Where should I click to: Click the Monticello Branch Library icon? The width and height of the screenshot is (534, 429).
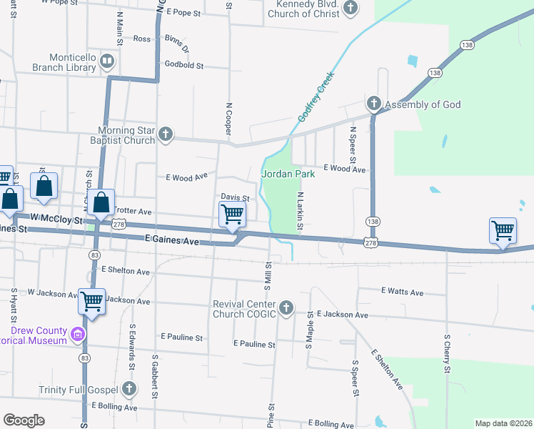click(x=107, y=61)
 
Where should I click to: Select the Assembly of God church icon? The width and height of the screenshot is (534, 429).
click(x=373, y=104)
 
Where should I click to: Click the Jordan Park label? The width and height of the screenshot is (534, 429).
click(x=288, y=174)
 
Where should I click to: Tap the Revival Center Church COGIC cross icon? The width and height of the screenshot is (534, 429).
click(x=286, y=308)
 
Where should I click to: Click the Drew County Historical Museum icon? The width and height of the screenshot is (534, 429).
click(x=78, y=334)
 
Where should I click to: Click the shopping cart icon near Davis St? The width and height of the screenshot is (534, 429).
click(x=232, y=214)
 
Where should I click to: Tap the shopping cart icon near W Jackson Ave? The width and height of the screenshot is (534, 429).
click(x=92, y=302)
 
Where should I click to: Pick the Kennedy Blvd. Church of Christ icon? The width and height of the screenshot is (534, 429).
click(x=350, y=9)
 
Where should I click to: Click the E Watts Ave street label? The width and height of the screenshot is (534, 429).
click(x=402, y=292)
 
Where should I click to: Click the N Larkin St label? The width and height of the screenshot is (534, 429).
click(x=301, y=212)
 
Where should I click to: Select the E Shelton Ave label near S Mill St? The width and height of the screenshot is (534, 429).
click(x=126, y=271)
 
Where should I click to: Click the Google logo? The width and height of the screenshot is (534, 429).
click(x=24, y=420)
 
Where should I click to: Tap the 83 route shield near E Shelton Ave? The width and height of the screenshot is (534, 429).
click(x=94, y=255)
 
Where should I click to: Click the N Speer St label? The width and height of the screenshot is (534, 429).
click(x=352, y=144)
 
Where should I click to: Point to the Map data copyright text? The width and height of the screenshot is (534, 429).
click(x=503, y=423)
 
